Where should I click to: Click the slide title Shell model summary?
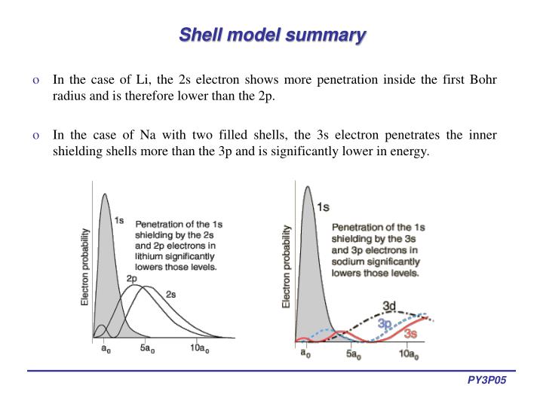coord(272,35)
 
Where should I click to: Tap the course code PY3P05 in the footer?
coord(486,382)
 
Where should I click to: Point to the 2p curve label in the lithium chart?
coord(131,278)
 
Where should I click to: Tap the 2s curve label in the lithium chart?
coord(170,293)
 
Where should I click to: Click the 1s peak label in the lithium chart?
coord(119,220)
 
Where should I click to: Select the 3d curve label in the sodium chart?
coord(389,305)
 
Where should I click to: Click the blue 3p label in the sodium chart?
coord(385,323)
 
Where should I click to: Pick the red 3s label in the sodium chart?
coord(410,333)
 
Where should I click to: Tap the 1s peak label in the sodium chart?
coord(323,207)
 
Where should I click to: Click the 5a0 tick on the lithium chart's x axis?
coord(148,348)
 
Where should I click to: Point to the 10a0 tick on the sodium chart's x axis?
coord(408,353)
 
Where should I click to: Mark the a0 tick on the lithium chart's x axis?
coord(104,348)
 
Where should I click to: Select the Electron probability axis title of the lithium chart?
coord(85,267)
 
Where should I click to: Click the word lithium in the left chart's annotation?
coord(149,256)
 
